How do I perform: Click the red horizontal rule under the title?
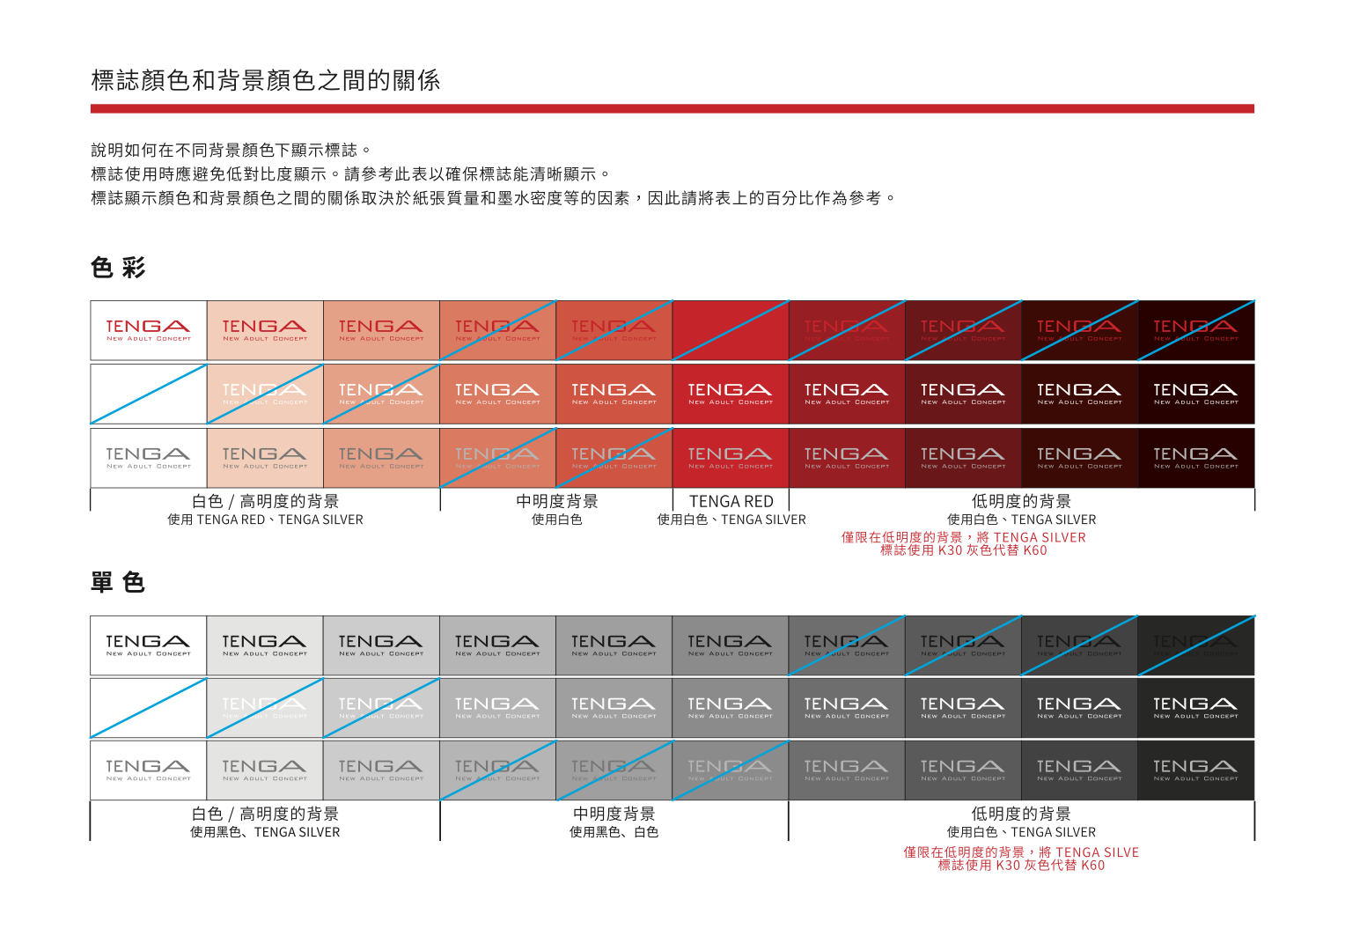672,109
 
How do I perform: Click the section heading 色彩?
118,268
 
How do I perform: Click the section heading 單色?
118,582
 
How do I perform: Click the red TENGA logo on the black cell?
148,330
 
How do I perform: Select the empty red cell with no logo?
731,330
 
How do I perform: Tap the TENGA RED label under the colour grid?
731,501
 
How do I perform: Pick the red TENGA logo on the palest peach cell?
264,330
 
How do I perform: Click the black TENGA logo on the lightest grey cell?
264,645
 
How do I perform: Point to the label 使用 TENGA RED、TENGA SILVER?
265,520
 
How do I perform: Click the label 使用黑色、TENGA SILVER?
265,832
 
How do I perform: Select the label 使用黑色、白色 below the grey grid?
614,832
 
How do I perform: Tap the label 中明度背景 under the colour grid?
556,501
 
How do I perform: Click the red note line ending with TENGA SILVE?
1021,852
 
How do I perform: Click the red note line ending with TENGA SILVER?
963,537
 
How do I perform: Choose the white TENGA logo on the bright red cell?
731,394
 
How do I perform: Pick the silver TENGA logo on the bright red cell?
731,458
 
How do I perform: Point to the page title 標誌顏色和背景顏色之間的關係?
265,81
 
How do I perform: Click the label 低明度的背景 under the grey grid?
1021,814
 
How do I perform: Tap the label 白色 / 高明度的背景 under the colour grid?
265,501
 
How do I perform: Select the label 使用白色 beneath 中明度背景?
556,520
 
